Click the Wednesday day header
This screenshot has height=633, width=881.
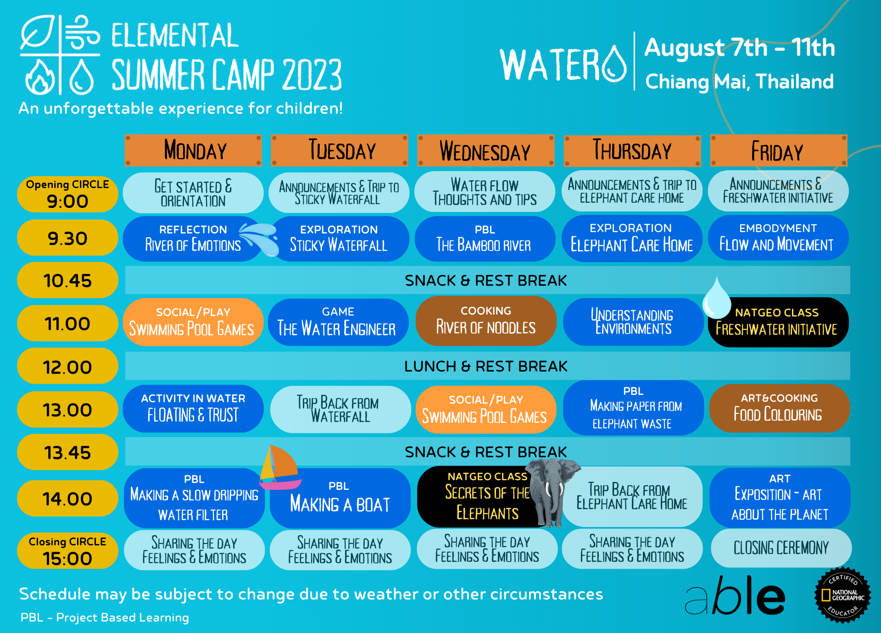485,151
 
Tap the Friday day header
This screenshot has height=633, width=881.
778,151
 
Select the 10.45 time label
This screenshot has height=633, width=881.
67,280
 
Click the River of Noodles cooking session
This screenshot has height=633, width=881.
485,321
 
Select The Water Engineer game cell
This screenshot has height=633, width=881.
338,322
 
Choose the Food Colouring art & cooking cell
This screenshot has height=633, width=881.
779,408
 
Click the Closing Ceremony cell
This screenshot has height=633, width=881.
781,548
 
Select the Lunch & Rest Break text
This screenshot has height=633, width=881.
485,366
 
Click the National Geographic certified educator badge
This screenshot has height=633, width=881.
842,595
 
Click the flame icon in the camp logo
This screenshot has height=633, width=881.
40,78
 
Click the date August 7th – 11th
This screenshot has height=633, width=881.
740,48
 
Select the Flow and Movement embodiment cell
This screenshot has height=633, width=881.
778,238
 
